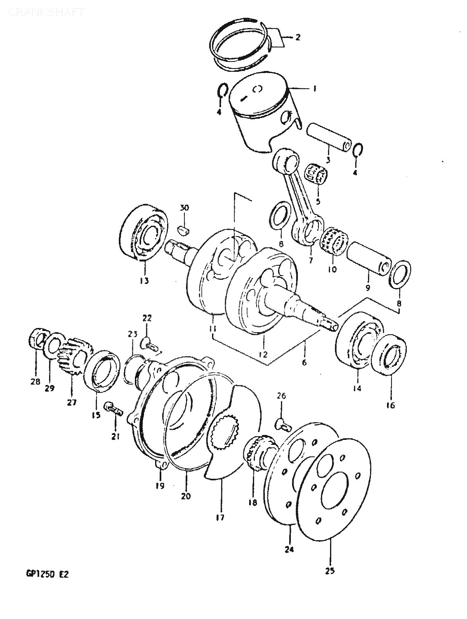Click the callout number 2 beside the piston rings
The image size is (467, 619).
297,38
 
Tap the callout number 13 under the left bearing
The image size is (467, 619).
144,281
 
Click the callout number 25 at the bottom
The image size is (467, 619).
330,572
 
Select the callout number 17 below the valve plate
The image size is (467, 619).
220,517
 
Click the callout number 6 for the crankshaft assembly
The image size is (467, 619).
304,363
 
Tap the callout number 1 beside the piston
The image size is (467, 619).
314,88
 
